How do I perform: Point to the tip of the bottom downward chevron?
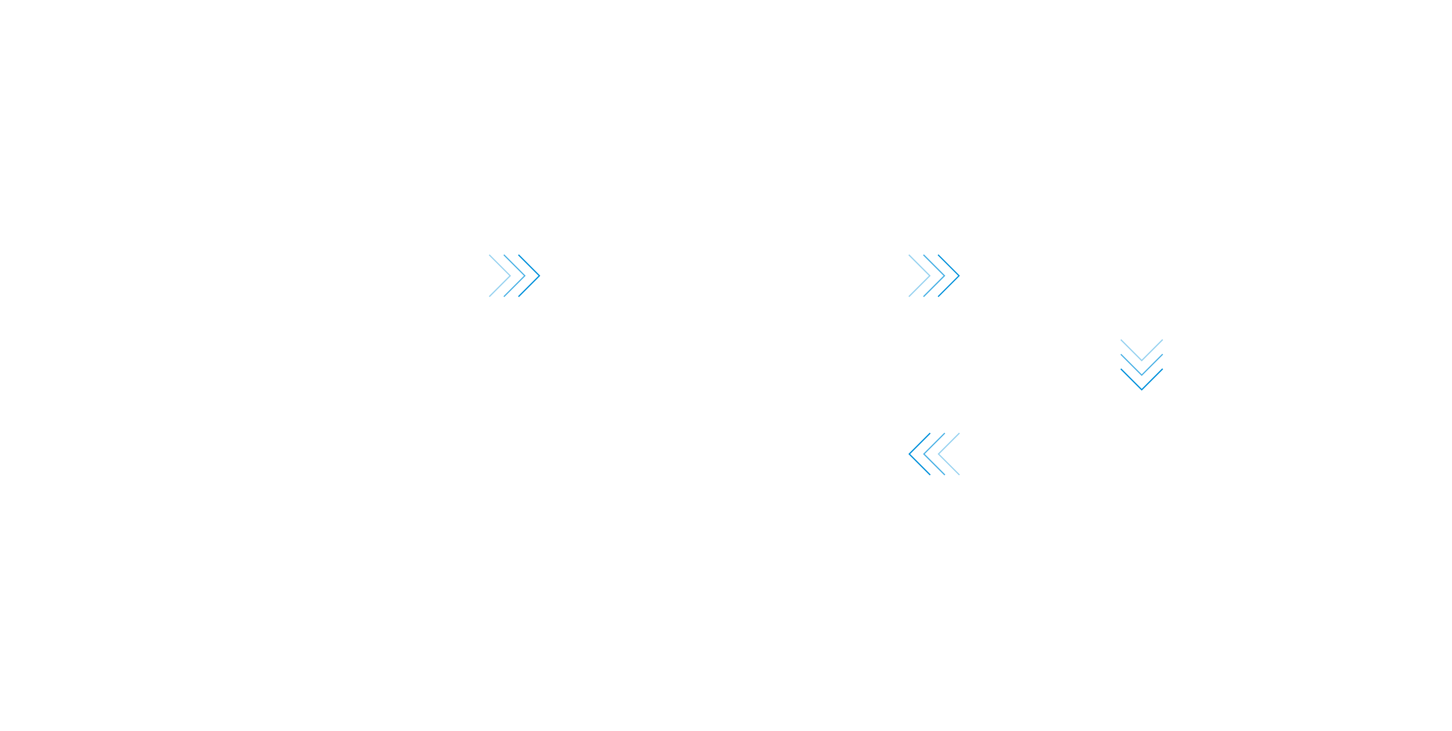[x=1141, y=389]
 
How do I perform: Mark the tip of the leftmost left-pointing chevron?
[x=909, y=454]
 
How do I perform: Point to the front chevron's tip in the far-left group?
[x=540, y=276]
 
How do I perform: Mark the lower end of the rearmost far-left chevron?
[x=489, y=296]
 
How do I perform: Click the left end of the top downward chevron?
[x=1121, y=340]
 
